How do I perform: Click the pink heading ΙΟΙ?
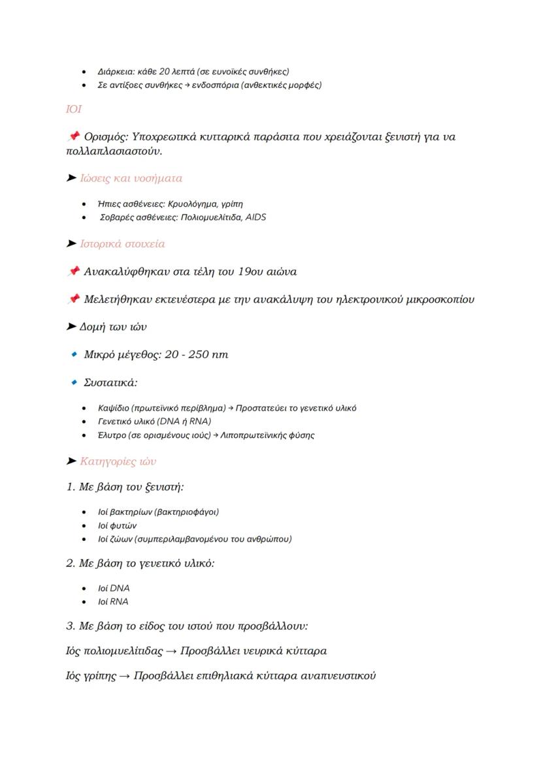click(73, 110)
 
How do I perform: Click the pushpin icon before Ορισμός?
click(73, 136)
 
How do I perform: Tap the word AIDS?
click(255, 217)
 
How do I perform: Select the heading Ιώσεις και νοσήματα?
click(131, 178)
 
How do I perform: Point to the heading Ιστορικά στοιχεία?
click(122, 244)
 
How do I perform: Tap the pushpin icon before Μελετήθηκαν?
click(73, 299)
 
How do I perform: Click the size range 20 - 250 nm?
click(197, 355)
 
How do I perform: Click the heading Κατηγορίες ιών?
click(118, 462)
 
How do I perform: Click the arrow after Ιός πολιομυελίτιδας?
click(171, 651)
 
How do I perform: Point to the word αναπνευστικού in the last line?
click(336, 675)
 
